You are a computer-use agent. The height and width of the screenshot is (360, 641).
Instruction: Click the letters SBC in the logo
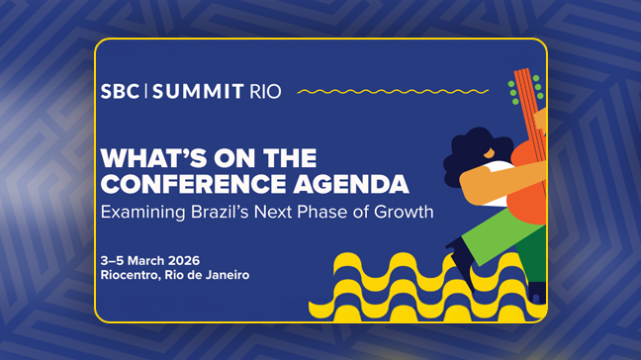click(120, 92)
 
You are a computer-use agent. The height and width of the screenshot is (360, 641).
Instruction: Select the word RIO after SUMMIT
click(264, 92)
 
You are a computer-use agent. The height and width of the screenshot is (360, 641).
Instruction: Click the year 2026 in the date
click(190, 259)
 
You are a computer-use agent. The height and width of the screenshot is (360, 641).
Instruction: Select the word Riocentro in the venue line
click(130, 274)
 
